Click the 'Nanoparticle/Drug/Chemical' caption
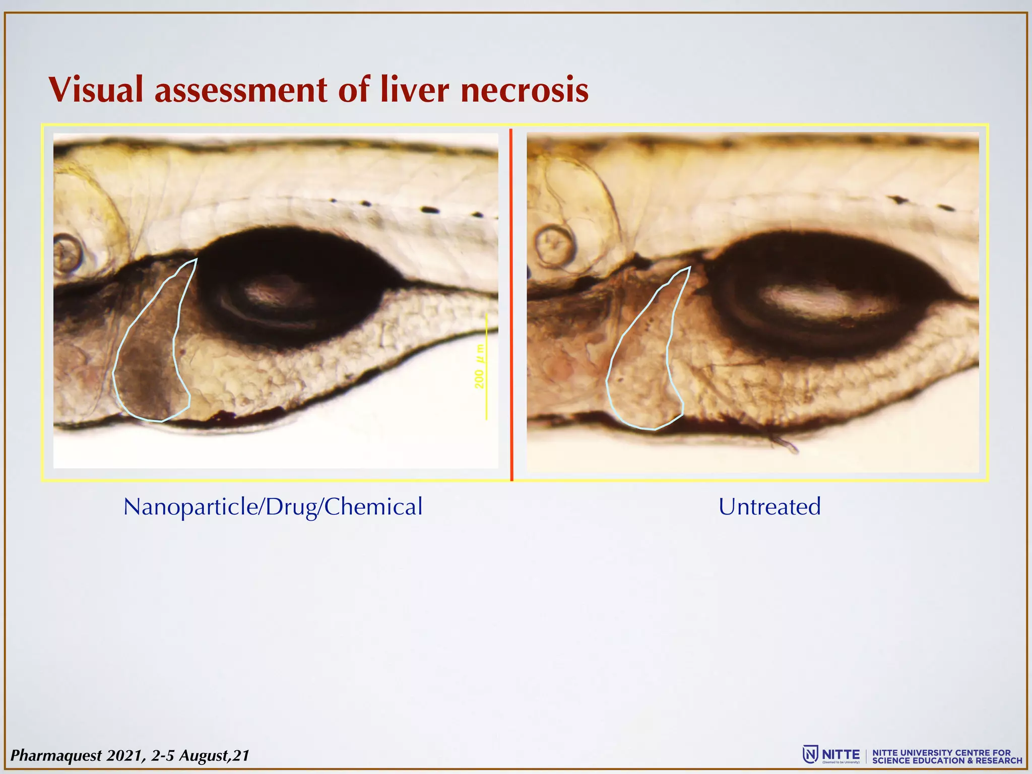[x=273, y=506]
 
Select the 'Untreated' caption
[x=769, y=506]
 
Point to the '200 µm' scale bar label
[x=479, y=366]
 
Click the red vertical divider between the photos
[x=511, y=302]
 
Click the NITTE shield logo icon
[x=810, y=754]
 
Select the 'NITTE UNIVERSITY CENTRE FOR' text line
[x=941, y=752]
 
